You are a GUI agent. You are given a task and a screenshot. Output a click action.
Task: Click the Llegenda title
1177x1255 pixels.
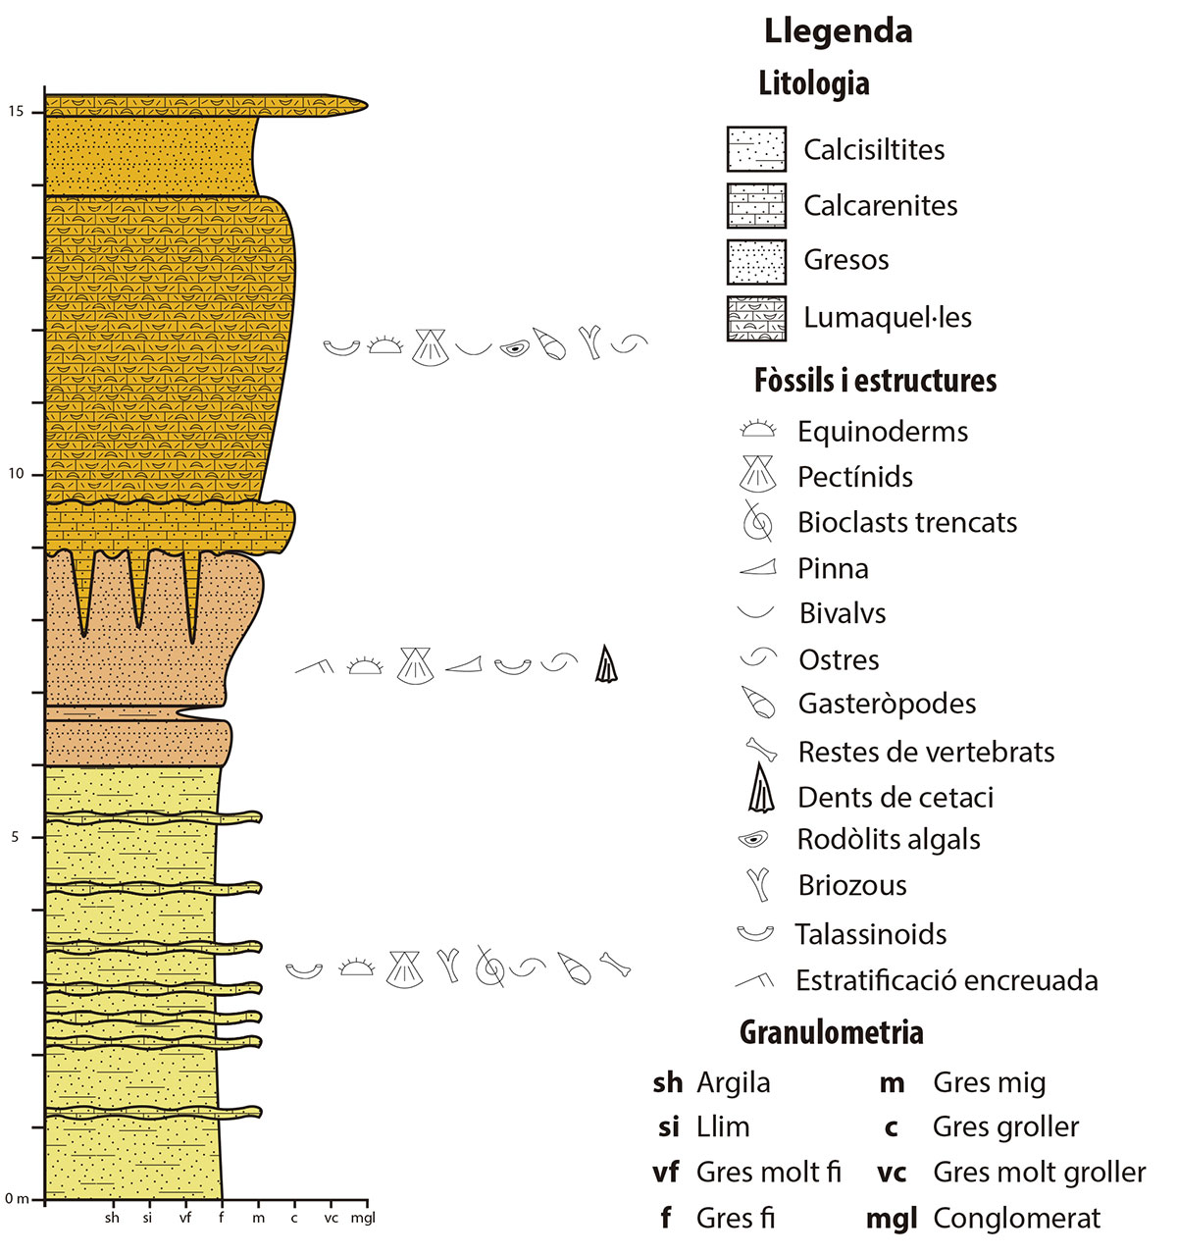coord(838,31)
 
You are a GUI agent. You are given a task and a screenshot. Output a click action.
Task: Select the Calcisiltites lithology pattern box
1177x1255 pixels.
coord(756,149)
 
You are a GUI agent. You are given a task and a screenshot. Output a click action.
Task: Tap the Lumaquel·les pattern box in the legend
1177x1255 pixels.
coord(756,318)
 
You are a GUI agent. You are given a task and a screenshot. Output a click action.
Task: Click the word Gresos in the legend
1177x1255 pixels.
coord(845,260)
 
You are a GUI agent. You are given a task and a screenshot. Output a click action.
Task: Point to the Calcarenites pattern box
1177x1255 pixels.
coord(756,206)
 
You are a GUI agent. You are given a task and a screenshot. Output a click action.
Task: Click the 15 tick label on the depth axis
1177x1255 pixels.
coord(16,112)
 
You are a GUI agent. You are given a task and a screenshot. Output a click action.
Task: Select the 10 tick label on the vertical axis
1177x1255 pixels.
coord(16,475)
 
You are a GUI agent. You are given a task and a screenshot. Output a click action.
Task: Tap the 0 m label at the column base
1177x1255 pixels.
coord(17,1198)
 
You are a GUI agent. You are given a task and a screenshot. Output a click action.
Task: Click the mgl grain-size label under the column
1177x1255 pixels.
coord(363,1219)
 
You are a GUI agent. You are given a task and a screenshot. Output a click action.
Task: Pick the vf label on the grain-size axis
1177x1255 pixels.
coord(185,1219)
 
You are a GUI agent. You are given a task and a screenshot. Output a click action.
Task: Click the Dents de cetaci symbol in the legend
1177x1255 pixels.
coord(760,790)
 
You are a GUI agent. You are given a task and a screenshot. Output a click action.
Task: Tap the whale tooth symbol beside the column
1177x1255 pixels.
coord(607,664)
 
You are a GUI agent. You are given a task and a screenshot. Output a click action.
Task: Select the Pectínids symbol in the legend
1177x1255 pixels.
coord(757,475)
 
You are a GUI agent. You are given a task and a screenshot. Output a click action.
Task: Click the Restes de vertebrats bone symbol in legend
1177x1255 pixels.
coord(761,751)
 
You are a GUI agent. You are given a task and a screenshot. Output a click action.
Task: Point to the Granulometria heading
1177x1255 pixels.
coord(831,1032)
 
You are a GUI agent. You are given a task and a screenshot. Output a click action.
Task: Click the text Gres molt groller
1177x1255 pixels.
coord(1039,1173)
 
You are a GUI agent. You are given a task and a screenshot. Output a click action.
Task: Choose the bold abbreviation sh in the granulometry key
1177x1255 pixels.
coord(667,1083)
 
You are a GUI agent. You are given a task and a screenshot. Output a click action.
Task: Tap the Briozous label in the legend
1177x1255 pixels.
coord(852,885)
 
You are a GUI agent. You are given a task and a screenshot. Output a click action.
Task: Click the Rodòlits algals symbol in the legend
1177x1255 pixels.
coord(753,840)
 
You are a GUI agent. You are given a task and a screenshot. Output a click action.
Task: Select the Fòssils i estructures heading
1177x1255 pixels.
coord(875,381)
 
